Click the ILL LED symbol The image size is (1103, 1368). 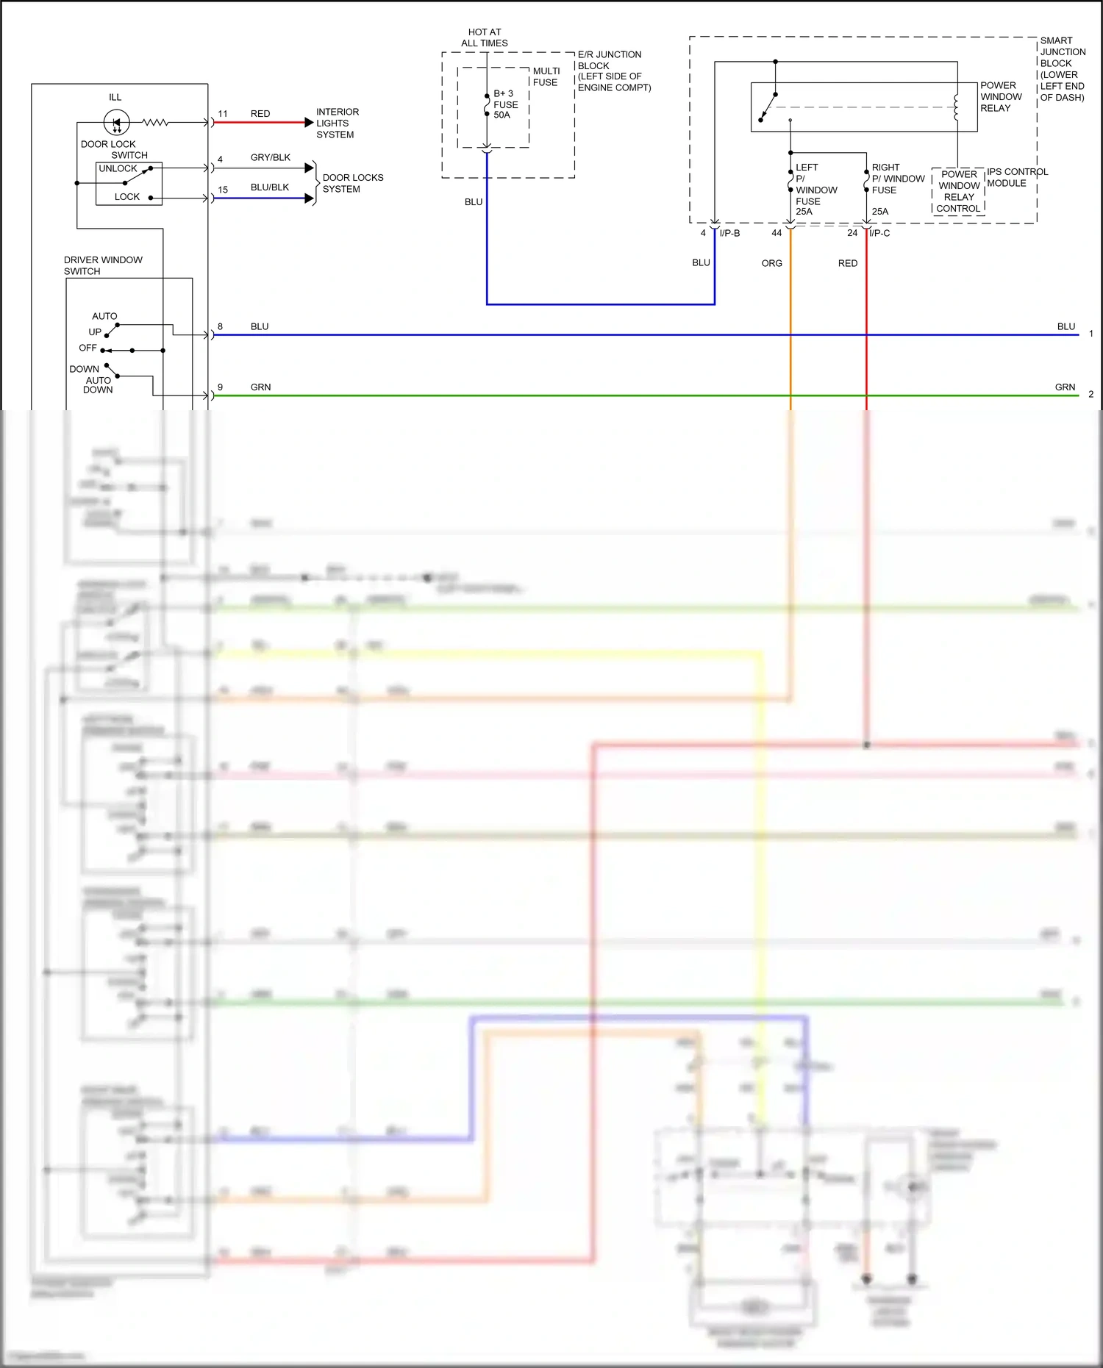coord(116,122)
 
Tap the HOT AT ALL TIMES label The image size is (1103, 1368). coord(485,37)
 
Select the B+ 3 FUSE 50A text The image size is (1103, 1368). coord(505,104)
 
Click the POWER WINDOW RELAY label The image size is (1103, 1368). coord(1000,97)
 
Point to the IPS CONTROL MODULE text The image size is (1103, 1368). coord(1017,177)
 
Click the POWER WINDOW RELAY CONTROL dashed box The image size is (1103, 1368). coord(958,191)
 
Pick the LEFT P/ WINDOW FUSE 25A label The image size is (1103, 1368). coord(815,190)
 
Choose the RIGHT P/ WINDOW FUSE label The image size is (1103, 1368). coord(897,179)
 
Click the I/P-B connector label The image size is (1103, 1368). coord(729,233)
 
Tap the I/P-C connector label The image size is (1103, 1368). coord(879,233)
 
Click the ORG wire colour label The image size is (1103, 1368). coord(771,263)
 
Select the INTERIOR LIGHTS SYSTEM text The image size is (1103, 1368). coord(337,123)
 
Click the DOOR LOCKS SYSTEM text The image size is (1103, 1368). coord(352,183)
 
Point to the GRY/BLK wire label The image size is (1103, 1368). coord(270,157)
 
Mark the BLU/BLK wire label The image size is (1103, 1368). coord(269,187)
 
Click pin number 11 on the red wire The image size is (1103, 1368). coord(223,114)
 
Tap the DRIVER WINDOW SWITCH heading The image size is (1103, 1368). coord(102,265)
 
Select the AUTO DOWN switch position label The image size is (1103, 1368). coord(98,385)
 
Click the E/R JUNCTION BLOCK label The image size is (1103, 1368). coord(613,71)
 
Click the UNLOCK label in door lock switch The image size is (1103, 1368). coord(118,168)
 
